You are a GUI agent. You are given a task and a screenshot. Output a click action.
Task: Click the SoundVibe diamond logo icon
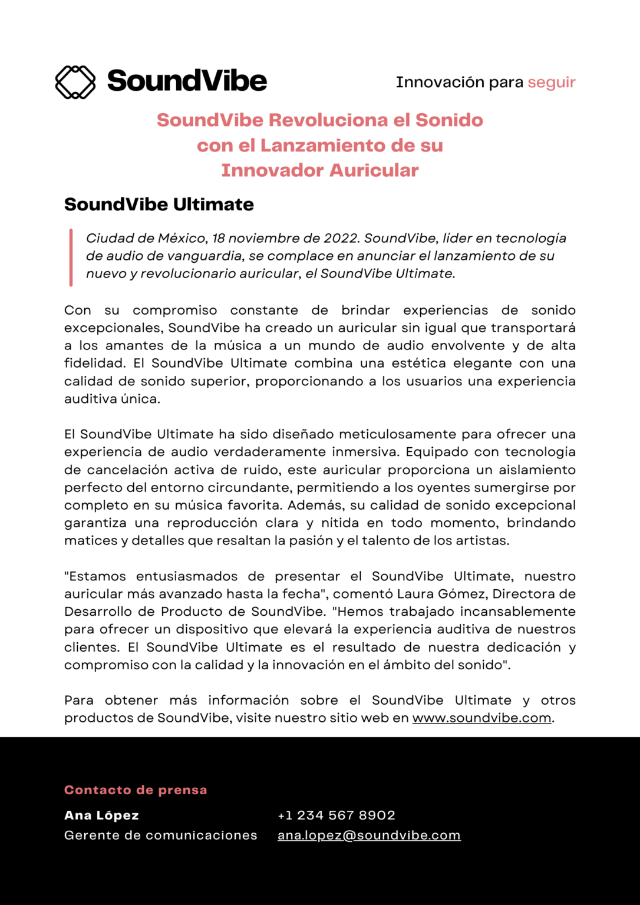tap(75, 82)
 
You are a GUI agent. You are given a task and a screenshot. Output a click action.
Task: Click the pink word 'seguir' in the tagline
tap(551, 82)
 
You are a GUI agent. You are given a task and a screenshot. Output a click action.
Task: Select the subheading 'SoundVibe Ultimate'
tap(159, 204)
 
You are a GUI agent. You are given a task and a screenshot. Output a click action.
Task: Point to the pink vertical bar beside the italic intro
tap(71, 257)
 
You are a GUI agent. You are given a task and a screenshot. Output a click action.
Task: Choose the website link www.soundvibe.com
tap(481, 718)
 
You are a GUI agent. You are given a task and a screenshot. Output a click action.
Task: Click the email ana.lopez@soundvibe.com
tap(369, 835)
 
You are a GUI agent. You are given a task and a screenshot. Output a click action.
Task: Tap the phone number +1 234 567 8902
tap(336, 815)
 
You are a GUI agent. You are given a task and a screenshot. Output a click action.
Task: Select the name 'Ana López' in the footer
tap(101, 815)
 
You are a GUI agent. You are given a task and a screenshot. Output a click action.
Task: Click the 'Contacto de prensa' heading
tap(136, 790)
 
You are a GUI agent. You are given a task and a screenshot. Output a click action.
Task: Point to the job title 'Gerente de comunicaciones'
tap(160, 835)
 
